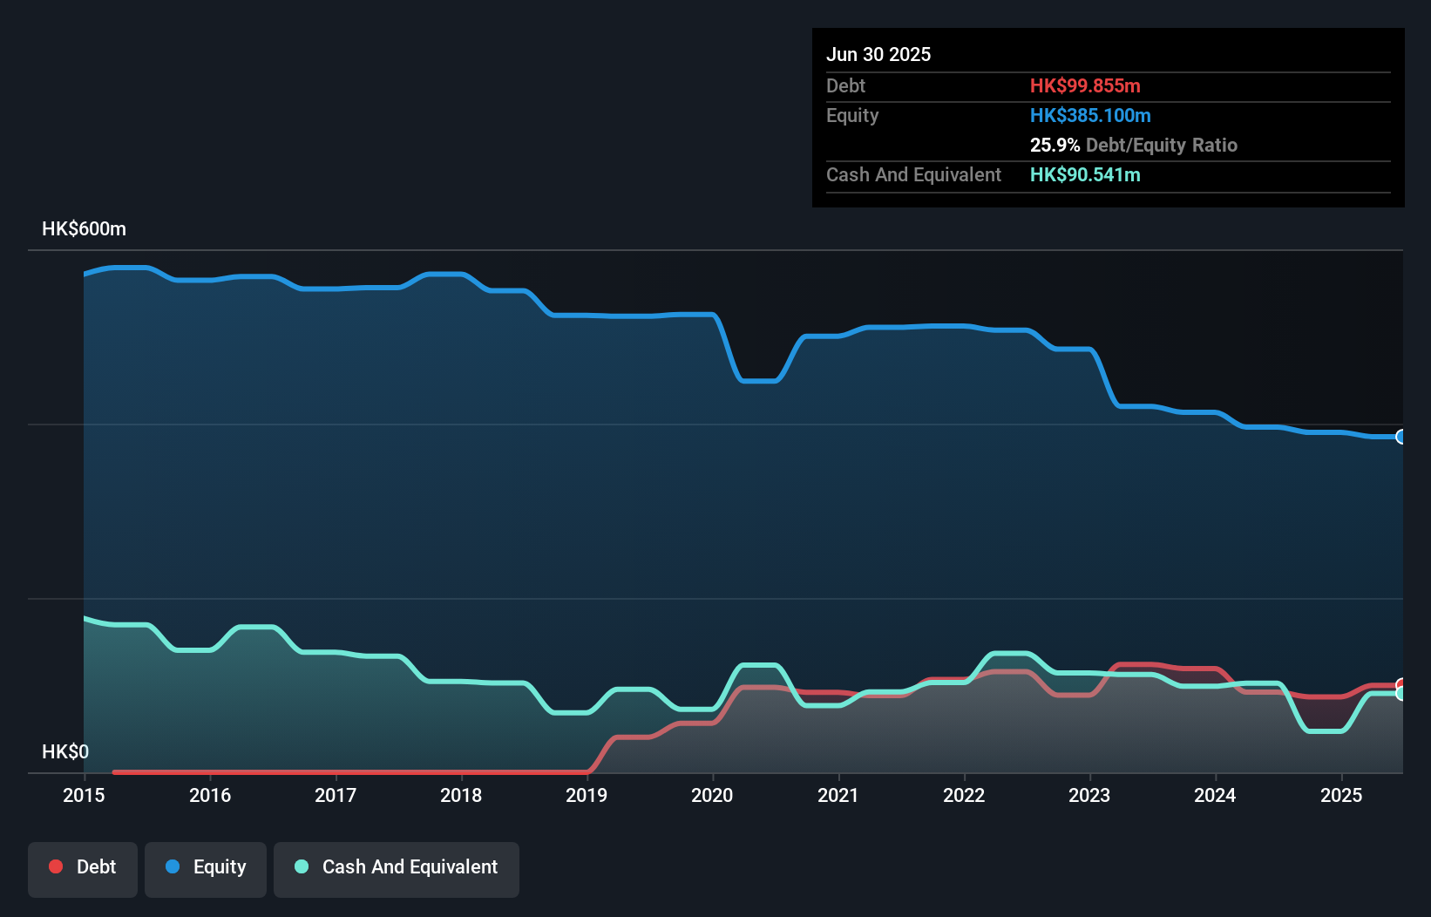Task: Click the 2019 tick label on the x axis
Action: (586, 795)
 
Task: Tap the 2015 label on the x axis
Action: (84, 795)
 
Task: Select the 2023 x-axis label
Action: (1089, 795)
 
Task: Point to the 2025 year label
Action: (1340, 795)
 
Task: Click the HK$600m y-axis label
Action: (84, 229)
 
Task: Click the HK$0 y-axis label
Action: (65, 751)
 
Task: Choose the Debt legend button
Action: (83, 867)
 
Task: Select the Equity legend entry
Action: (206, 867)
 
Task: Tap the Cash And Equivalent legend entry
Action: (397, 867)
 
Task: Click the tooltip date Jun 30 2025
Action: (878, 54)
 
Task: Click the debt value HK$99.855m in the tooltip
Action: (1085, 85)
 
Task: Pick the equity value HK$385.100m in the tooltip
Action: (1090, 115)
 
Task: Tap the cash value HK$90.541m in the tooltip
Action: (1085, 174)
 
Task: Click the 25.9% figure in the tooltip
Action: (1055, 145)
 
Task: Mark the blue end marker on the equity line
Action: (1400, 437)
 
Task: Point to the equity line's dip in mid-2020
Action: (758, 381)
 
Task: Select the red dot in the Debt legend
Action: (56, 866)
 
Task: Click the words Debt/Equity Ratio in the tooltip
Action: (1161, 145)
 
